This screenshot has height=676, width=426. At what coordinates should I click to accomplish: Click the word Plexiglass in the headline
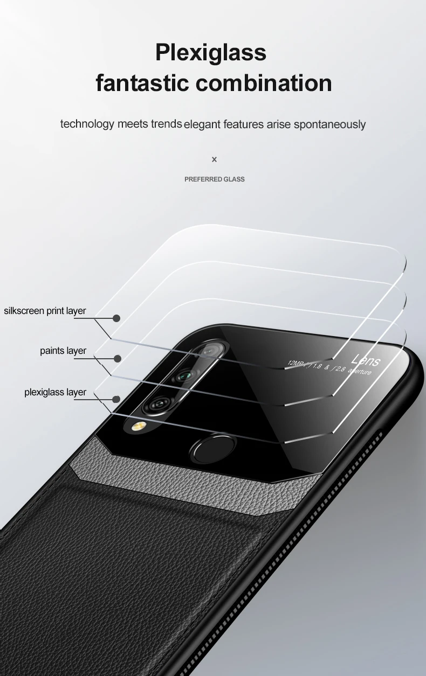[x=211, y=53]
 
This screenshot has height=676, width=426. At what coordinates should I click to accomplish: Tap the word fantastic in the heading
[x=142, y=83]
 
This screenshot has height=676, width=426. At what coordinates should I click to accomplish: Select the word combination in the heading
[x=264, y=83]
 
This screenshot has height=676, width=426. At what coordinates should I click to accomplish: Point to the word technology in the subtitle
[x=87, y=124]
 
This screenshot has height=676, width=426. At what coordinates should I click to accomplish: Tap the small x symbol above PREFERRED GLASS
[x=214, y=159]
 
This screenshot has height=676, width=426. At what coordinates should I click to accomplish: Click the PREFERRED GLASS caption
[x=214, y=179]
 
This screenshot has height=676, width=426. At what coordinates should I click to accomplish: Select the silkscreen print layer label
[x=45, y=311]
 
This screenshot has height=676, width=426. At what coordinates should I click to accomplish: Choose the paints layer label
[x=63, y=351]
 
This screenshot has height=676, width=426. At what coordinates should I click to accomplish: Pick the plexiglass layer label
[x=55, y=392]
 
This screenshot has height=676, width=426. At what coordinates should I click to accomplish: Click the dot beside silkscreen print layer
[x=116, y=318]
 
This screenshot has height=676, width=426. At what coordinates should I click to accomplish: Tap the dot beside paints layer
[x=118, y=358]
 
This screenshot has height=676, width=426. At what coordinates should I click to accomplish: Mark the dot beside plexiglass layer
[x=116, y=399]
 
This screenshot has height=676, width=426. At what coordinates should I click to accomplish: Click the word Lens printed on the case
[x=366, y=360]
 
